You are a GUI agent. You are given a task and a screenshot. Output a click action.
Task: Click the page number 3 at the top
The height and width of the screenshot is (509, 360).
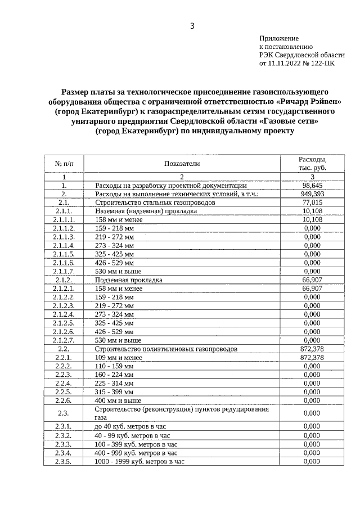click(x=192, y=25)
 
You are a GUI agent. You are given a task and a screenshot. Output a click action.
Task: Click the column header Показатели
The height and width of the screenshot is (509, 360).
click(x=182, y=163)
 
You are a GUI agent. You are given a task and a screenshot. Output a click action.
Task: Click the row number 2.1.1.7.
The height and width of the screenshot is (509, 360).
click(x=64, y=271)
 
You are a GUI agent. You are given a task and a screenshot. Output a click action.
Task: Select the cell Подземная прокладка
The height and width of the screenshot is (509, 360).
click(x=129, y=280)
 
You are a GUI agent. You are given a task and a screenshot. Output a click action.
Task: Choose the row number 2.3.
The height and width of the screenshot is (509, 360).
click(x=64, y=413)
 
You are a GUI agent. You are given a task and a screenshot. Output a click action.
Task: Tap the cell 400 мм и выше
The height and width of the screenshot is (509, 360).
click(x=118, y=400)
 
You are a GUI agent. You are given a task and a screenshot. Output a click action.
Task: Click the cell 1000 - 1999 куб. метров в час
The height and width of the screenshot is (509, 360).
click(x=139, y=461)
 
